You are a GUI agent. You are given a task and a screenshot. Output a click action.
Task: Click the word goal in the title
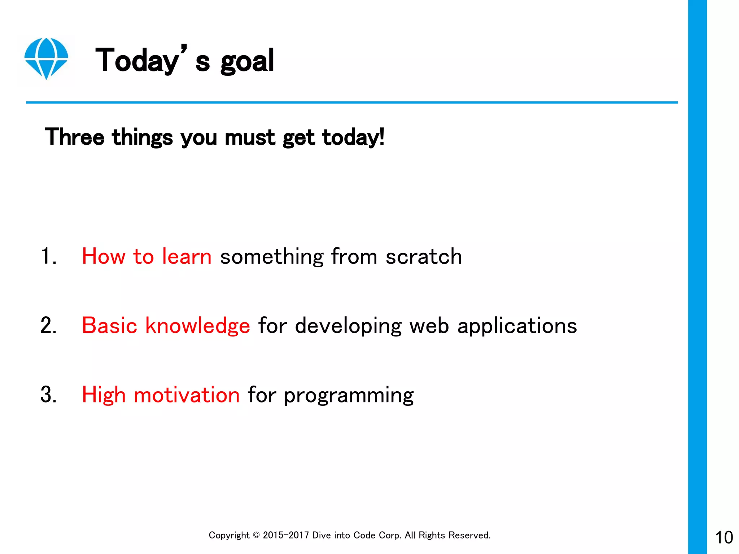click(x=247, y=61)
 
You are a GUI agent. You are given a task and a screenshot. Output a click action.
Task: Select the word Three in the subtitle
click(x=74, y=137)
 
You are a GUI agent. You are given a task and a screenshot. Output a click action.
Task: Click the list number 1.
click(x=48, y=256)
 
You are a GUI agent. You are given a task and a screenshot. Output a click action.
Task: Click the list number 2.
click(x=48, y=326)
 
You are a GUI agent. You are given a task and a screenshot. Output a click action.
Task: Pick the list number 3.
click(x=48, y=395)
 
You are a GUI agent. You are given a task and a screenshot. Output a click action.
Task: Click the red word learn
click(x=187, y=256)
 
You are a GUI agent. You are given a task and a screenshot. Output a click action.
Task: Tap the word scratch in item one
click(x=424, y=256)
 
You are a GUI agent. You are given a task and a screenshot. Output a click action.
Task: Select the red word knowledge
click(x=197, y=326)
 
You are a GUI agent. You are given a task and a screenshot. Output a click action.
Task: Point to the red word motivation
click(x=187, y=395)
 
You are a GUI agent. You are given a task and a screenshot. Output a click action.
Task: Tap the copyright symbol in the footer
click(x=256, y=535)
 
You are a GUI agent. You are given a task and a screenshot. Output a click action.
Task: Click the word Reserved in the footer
click(x=469, y=535)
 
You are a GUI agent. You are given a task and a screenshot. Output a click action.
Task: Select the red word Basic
click(x=109, y=326)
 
